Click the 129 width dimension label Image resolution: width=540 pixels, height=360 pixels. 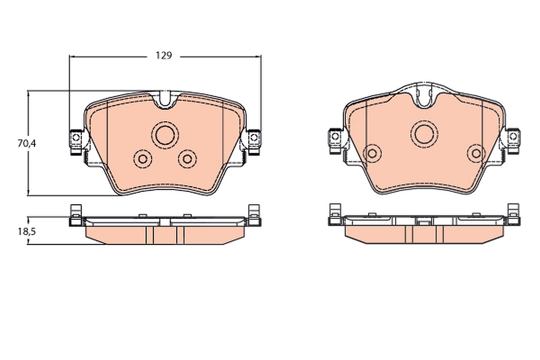tap(164, 56)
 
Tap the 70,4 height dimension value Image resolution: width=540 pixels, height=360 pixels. tap(27, 144)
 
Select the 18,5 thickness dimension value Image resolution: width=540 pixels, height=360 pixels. tap(27, 232)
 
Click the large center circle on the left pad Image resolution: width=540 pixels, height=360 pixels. tap(165, 135)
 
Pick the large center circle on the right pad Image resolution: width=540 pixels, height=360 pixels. tap(424, 134)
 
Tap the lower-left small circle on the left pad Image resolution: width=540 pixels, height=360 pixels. tap(143, 159)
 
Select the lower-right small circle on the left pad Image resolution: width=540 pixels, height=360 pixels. tap(187, 159)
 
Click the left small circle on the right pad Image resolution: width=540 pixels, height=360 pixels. tap(372, 153)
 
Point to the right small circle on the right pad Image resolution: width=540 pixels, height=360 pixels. tap(477, 153)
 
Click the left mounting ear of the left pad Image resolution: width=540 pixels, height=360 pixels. tap(76, 142)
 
